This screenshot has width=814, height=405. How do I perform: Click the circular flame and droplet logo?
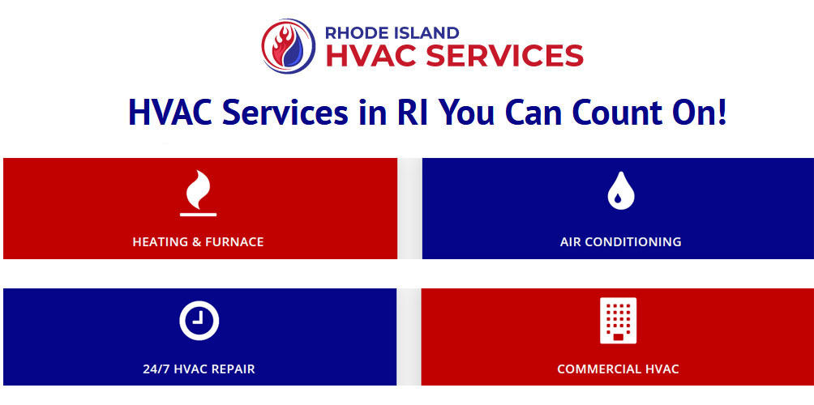point(289,45)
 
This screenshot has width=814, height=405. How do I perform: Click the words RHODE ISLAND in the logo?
point(392,32)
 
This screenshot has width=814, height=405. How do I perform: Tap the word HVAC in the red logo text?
point(371,56)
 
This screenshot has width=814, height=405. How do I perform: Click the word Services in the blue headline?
point(285,112)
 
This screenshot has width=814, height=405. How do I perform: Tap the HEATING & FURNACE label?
point(199,241)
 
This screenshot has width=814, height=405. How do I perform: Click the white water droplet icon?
point(621,191)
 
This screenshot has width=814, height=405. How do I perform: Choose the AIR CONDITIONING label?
point(621,241)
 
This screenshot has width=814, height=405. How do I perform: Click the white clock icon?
point(199,321)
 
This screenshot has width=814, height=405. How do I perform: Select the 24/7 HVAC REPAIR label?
point(199,369)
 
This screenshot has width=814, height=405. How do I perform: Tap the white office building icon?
point(619,321)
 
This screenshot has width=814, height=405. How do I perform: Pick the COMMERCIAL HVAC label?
point(619,369)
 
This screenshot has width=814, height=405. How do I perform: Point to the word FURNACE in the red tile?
point(235,241)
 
